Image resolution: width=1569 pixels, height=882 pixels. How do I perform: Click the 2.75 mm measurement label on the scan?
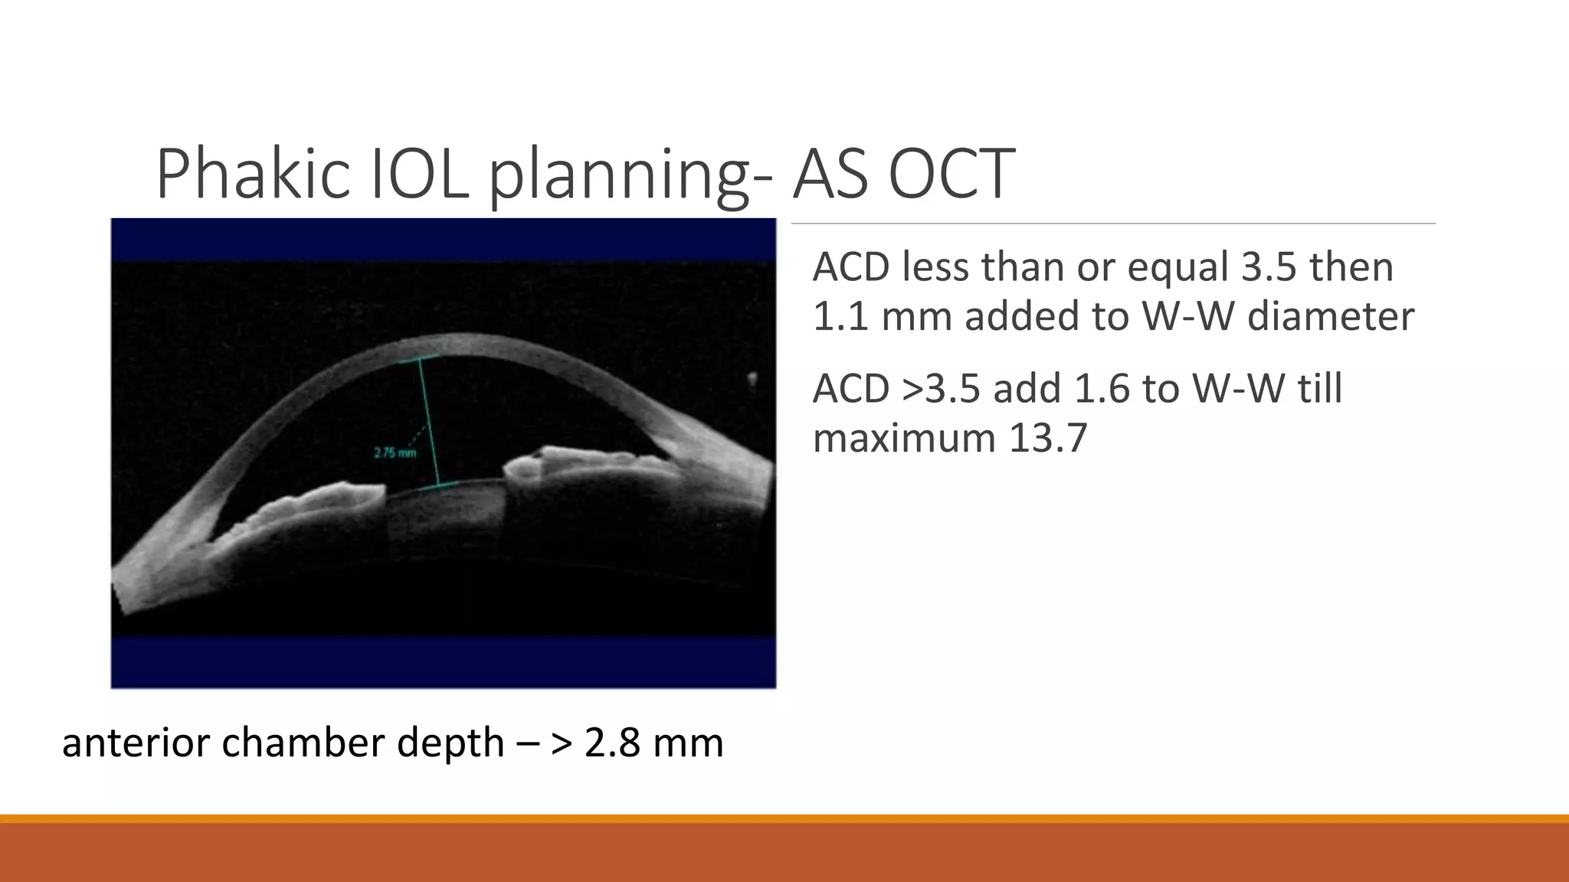pyautogui.click(x=395, y=452)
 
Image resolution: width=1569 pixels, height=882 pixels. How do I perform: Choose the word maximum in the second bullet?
pyautogui.click(x=903, y=438)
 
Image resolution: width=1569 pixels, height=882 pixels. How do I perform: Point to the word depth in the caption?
pyautogui.click(x=450, y=743)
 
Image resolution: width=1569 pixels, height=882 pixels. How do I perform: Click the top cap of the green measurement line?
pyautogui.click(x=419, y=359)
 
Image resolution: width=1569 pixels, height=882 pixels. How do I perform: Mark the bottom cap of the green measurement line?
pyautogui.click(x=438, y=485)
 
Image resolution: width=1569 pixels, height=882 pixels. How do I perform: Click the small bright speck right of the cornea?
pyautogui.click(x=752, y=378)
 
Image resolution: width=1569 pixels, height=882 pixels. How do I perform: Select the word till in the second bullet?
pyautogui.click(x=1319, y=388)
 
